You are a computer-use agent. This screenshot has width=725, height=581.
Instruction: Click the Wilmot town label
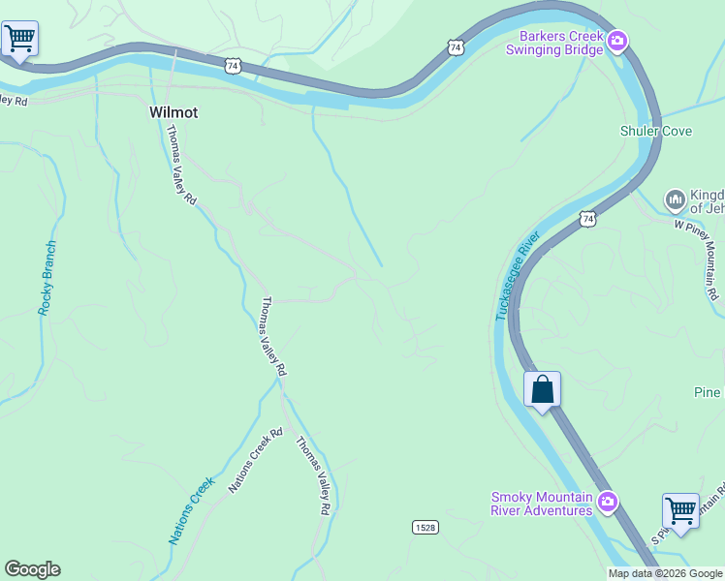tap(173, 112)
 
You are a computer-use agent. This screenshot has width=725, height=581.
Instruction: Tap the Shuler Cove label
tap(656, 131)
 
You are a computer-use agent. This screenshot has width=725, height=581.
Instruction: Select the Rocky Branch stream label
tap(47, 277)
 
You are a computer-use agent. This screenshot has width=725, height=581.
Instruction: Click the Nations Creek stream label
tap(190, 510)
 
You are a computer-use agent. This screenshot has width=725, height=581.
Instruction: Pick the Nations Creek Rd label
tap(255, 461)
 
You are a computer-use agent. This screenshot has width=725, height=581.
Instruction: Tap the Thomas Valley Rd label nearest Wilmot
tap(181, 165)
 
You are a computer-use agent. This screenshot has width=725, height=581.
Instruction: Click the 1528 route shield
tap(423, 526)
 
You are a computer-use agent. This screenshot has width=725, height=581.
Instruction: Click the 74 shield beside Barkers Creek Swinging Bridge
tap(455, 46)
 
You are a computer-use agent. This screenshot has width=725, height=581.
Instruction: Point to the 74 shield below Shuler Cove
tap(587, 219)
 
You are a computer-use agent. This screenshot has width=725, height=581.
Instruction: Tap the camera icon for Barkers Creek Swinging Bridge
tap(617, 42)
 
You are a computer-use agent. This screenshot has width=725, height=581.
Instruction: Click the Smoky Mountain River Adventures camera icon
tap(608, 501)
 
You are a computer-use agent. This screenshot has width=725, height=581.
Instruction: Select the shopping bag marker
tap(543, 389)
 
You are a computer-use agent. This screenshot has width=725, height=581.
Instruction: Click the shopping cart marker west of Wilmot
tap(19, 39)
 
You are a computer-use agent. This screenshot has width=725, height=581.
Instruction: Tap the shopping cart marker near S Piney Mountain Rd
tap(680, 509)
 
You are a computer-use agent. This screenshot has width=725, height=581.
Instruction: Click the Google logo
tap(32, 569)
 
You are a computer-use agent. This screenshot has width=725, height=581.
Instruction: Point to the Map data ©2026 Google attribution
tap(665, 573)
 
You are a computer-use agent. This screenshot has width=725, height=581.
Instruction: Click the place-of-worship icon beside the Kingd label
tap(675, 199)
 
